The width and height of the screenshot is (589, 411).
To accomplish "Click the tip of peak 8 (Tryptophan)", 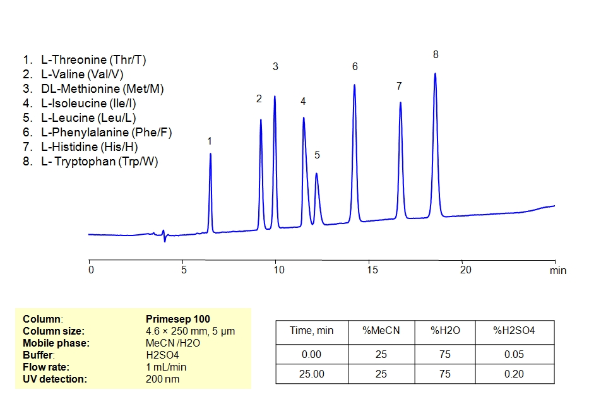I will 435,74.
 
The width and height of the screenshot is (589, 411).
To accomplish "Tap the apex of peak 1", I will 210,153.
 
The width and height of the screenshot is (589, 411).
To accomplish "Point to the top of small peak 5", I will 316,174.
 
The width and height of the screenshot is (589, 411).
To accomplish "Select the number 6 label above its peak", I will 355,66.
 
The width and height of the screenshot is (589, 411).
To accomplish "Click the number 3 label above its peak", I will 275,66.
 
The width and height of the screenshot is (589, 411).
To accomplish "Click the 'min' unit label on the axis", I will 557,270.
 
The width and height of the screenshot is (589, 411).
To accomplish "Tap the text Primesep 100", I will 177,319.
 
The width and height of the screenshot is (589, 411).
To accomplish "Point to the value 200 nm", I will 162,379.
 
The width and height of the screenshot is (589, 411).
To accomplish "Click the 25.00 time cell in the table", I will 311,374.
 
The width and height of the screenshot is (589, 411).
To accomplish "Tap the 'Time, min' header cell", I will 311,331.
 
